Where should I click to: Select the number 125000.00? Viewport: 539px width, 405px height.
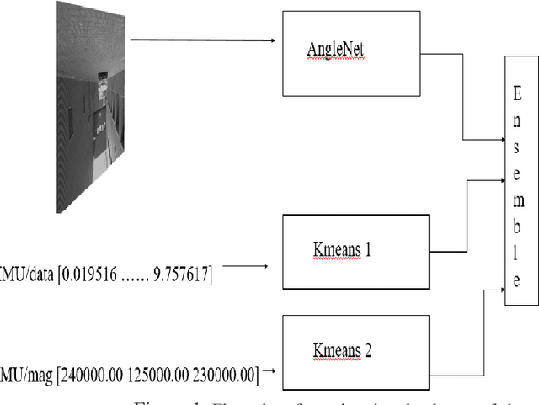tap(152, 370)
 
